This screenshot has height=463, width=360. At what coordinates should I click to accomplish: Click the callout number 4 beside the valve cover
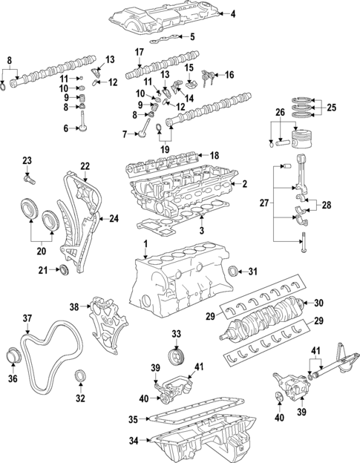click(x=232, y=14)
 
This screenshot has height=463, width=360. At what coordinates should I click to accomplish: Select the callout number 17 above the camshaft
click(x=139, y=52)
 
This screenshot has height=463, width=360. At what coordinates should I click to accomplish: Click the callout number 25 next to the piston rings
click(x=331, y=108)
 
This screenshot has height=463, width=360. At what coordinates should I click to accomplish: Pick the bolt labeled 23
click(x=29, y=178)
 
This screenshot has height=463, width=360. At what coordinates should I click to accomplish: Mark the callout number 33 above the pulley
click(x=176, y=334)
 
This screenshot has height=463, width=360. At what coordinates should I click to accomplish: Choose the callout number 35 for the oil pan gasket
click(x=133, y=419)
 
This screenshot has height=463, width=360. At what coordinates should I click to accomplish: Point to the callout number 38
click(x=74, y=306)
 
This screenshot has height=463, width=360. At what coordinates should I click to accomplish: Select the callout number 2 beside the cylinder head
click(x=245, y=183)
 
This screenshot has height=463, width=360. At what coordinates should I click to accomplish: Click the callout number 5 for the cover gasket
click(x=192, y=36)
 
